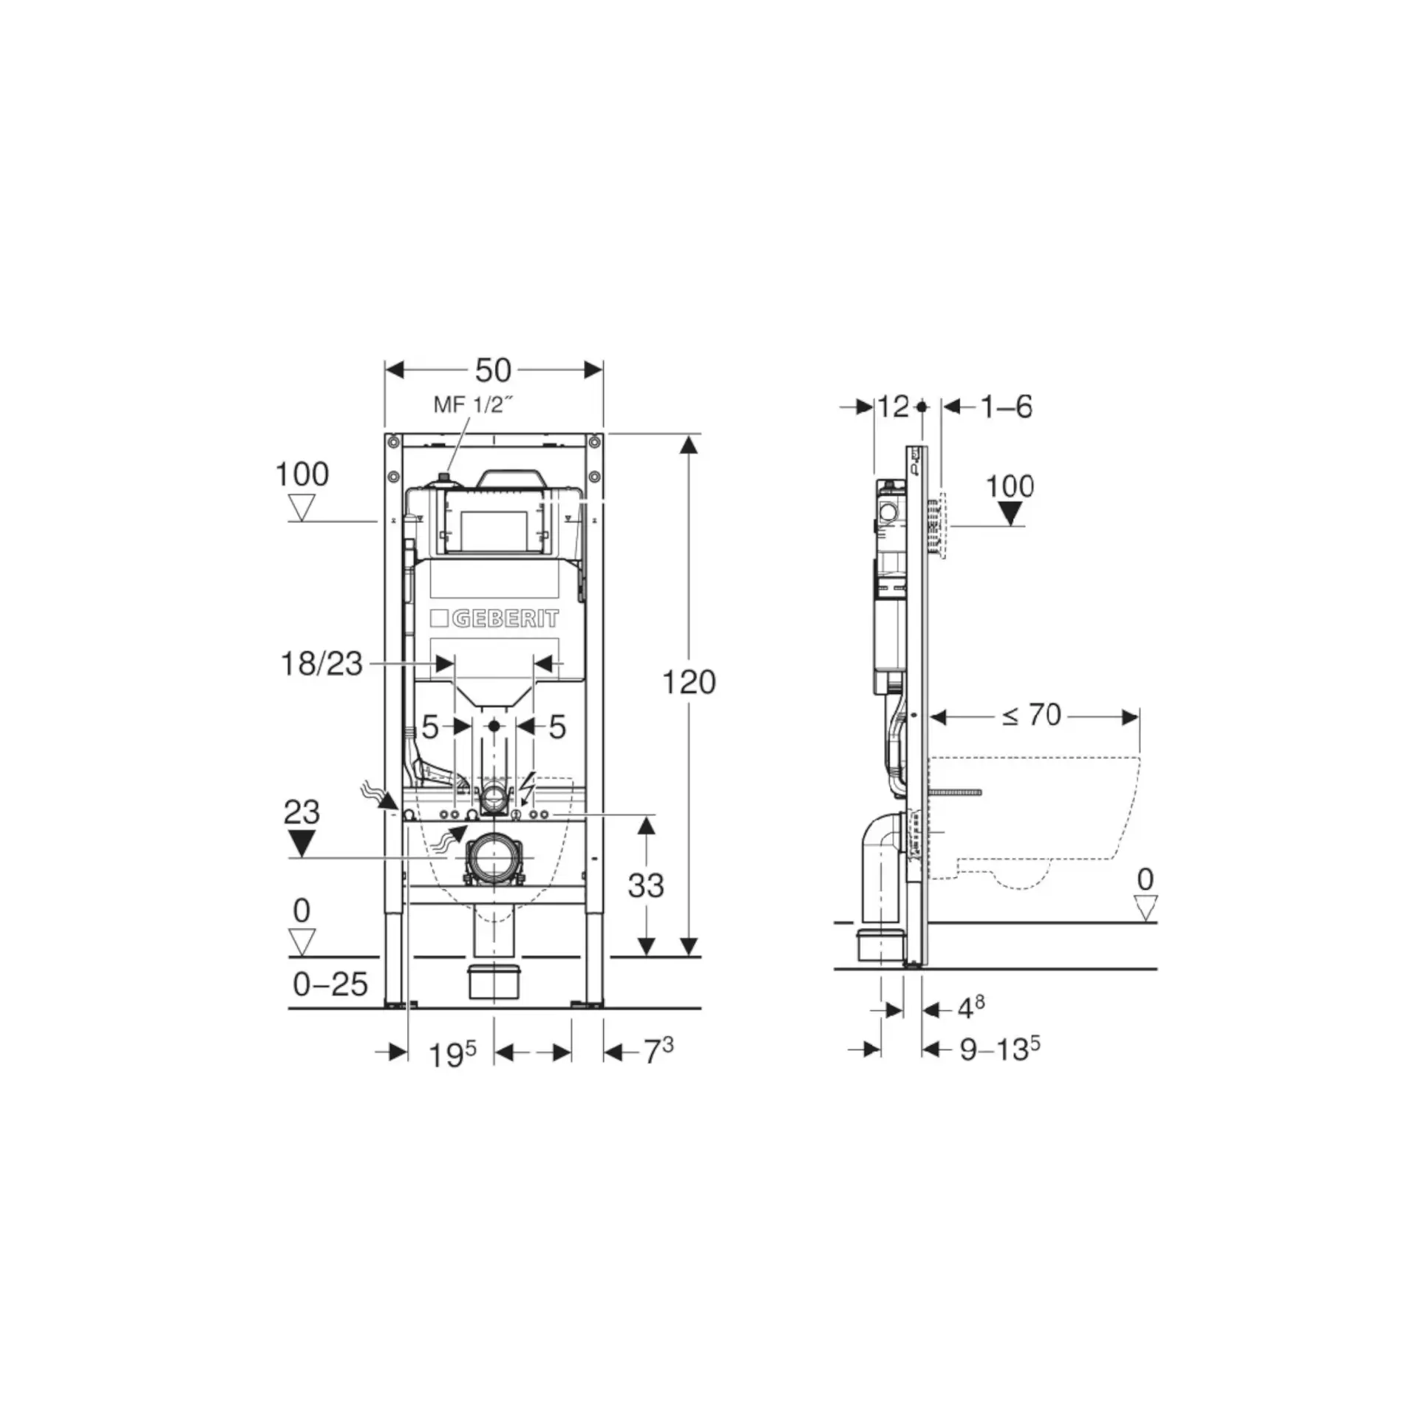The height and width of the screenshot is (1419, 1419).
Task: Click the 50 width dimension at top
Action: coord(493,370)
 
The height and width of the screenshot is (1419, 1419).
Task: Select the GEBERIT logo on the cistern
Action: coord(494,619)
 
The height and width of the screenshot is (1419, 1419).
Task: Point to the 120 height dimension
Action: coord(689,682)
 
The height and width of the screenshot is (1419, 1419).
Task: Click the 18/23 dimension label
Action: coord(321,664)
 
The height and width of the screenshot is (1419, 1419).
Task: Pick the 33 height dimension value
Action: coord(646,885)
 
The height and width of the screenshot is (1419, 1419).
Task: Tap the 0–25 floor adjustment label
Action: coord(330,984)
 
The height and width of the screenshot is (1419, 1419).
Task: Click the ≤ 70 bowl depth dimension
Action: coord(1032,715)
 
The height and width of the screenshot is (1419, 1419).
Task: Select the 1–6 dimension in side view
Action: coord(1006,406)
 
